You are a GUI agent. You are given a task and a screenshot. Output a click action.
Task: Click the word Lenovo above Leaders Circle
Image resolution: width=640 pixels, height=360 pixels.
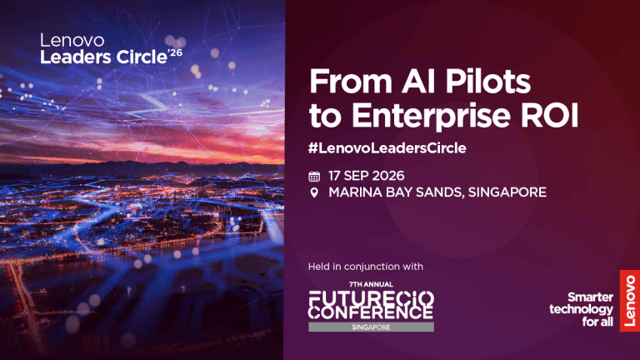tap(72, 40)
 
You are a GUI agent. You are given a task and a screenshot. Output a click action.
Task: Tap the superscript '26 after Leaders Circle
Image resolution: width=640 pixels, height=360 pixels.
tap(175, 53)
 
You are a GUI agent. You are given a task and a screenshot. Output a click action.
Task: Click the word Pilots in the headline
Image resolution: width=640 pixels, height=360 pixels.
tap(487, 81)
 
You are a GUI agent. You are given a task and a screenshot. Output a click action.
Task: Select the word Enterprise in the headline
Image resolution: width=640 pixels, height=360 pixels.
tap(431, 116)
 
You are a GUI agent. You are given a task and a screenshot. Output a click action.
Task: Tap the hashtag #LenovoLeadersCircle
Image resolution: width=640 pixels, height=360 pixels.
tap(387, 147)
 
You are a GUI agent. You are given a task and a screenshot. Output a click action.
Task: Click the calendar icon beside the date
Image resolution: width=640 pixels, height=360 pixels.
tap(314, 177)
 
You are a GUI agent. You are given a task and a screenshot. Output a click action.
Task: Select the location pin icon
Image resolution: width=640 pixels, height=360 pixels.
tap(314, 192)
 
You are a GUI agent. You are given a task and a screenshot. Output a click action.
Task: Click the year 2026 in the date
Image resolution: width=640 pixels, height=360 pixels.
tap(388, 176)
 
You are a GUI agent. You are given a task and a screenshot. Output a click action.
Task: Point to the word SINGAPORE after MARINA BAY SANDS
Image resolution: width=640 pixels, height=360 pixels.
tap(507, 192)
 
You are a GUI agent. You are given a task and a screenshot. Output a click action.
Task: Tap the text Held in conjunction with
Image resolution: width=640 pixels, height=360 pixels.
tap(365, 267)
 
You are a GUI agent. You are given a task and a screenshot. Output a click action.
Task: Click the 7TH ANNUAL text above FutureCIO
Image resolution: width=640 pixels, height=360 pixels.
tap(371, 284)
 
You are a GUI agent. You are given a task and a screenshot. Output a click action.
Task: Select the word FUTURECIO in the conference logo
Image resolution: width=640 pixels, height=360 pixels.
tap(371, 298)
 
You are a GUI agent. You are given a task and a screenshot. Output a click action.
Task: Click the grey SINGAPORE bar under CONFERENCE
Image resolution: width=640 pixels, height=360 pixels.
tap(371, 327)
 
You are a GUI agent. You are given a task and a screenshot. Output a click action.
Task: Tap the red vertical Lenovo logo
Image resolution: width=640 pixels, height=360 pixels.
tap(630, 300)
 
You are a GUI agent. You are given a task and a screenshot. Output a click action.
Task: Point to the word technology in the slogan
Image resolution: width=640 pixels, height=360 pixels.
tap(581, 309)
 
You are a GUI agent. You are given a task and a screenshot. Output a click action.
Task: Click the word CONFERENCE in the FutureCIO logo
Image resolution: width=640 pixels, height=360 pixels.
tap(371, 312)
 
